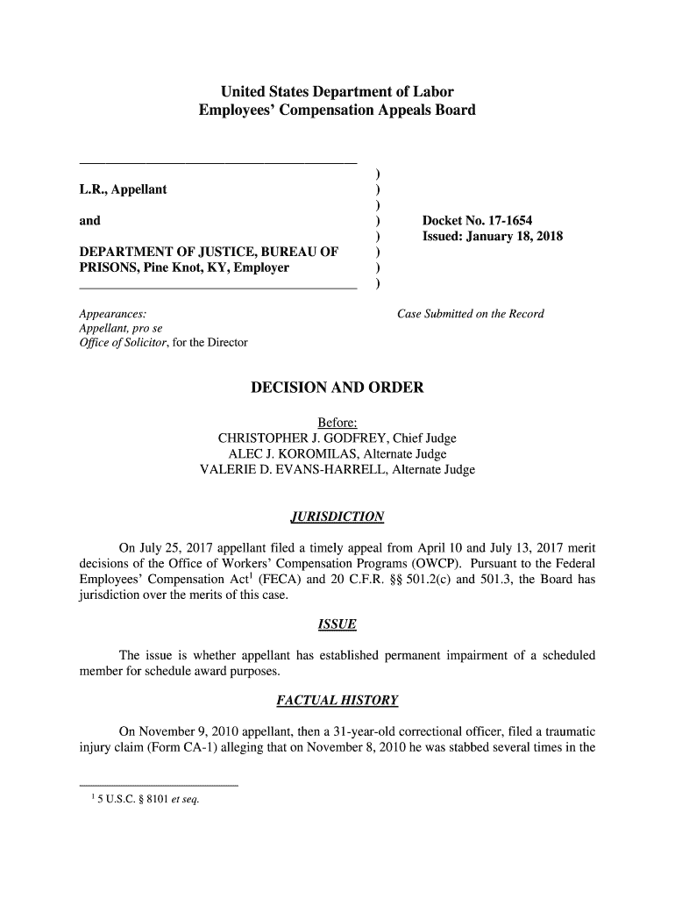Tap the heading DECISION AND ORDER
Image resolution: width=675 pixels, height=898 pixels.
[337, 388]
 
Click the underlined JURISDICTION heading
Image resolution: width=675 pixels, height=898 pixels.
[337, 516]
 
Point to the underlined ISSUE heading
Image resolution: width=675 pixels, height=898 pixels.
[337, 624]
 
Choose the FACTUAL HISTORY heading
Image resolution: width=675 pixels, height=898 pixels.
[337, 700]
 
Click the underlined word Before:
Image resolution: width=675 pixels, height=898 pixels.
[337, 423]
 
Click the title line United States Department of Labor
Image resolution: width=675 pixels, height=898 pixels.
[337, 91]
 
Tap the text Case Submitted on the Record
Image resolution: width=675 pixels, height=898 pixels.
[471, 313]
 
